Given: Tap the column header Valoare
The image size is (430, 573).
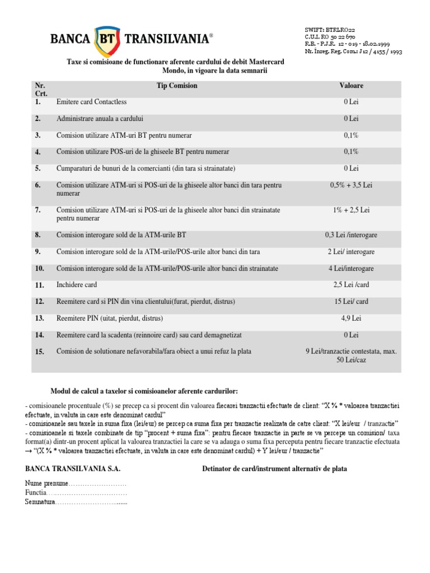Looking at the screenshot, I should coord(351,86).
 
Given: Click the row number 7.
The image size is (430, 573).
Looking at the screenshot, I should coord(38,210).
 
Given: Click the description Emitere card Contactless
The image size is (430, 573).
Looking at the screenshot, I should coord(92,102).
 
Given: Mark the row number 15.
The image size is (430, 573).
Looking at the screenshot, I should coord(39,351).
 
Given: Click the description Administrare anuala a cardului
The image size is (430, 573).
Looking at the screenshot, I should coord(100,119).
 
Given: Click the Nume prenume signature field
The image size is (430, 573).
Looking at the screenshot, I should coord(76,483).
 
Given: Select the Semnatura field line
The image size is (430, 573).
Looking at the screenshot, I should coord(76,503).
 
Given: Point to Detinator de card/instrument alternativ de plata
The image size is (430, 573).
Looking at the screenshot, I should coord(274,468).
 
